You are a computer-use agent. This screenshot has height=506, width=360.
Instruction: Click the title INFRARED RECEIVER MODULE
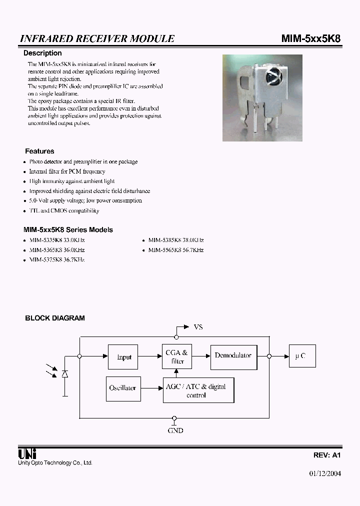click(97, 38)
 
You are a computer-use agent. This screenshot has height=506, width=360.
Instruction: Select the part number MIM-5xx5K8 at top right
click(311, 38)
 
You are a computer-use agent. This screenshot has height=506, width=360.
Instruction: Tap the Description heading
click(43, 53)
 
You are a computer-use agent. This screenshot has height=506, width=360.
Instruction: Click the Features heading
click(39, 151)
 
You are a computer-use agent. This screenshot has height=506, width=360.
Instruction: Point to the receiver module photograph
click(262, 97)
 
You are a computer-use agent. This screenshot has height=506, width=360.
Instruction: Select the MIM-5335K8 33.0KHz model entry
click(57, 240)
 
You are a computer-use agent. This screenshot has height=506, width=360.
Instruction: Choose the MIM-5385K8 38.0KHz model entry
click(176, 240)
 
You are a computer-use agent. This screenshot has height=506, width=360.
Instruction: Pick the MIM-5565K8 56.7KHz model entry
click(176, 250)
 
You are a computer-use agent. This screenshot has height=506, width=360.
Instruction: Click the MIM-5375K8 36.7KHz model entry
click(57, 260)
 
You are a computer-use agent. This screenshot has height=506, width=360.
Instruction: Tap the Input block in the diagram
click(124, 357)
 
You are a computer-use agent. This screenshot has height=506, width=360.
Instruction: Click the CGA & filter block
click(176, 357)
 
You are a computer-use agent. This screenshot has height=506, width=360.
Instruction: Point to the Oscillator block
click(122, 388)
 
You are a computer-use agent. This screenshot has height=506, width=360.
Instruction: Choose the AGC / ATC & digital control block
click(198, 390)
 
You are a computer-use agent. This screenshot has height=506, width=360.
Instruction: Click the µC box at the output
click(301, 356)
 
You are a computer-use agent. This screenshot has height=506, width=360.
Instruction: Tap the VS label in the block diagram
click(198, 327)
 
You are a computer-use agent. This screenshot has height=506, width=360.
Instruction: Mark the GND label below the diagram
click(175, 430)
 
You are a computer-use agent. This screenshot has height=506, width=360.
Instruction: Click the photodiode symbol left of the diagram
click(64, 374)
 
